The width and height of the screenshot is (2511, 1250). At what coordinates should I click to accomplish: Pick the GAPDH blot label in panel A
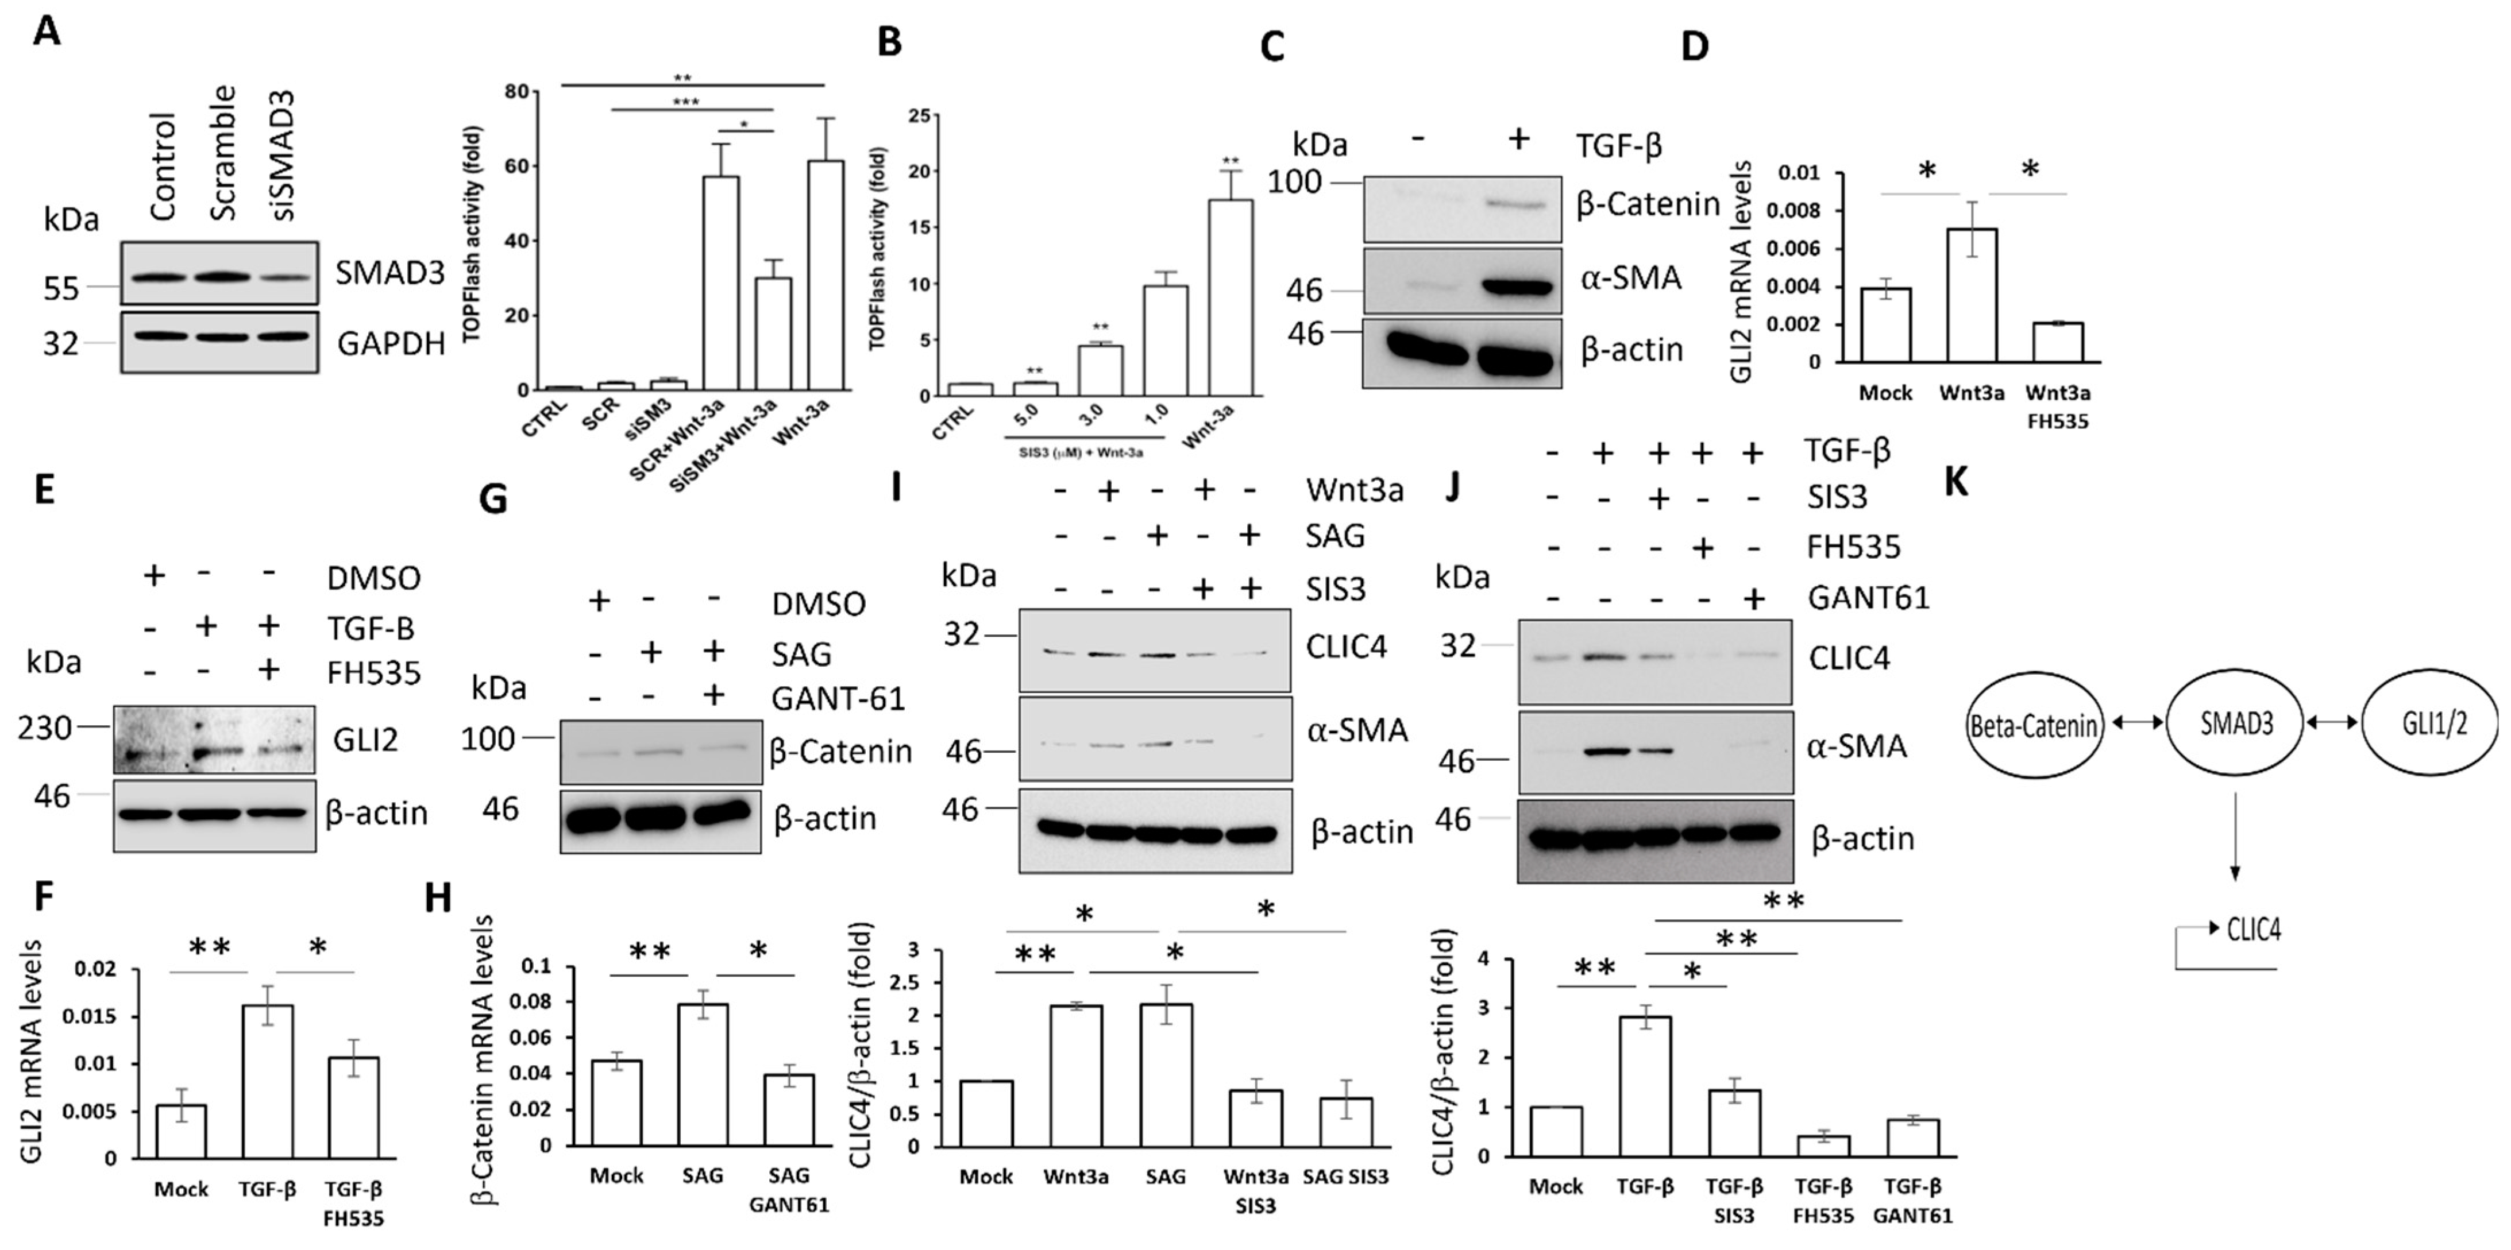click(x=391, y=343)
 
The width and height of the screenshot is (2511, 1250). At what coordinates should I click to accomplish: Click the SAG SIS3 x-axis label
click(x=1345, y=1176)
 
